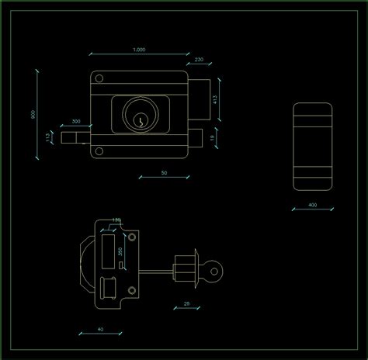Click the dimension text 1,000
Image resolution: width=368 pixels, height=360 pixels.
pyautogui.click(x=139, y=50)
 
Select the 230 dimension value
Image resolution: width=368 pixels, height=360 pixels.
pyautogui.click(x=199, y=60)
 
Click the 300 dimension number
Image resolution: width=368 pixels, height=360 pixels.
pyautogui.click(x=76, y=122)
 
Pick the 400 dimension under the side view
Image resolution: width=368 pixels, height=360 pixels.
pyautogui.click(x=312, y=205)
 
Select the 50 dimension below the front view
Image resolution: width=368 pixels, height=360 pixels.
pyautogui.click(x=164, y=172)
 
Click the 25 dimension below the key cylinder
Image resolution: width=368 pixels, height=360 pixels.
pyautogui.click(x=186, y=303)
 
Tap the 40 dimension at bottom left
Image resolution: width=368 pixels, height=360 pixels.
pyautogui.click(x=100, y=329)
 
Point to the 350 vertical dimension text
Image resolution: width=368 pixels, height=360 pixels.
pyautogui.click(x=120, y=252)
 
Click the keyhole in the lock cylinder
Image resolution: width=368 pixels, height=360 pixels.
pyautogui.click(x=141, y=120)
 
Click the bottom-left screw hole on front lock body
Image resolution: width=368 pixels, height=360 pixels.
pyautogui.click(x=99, y=151)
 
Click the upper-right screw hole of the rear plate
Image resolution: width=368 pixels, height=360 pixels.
pyautogui.click(x=133, y=237)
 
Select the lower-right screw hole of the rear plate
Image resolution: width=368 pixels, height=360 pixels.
pyautogui.click(x=131, y=290)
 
